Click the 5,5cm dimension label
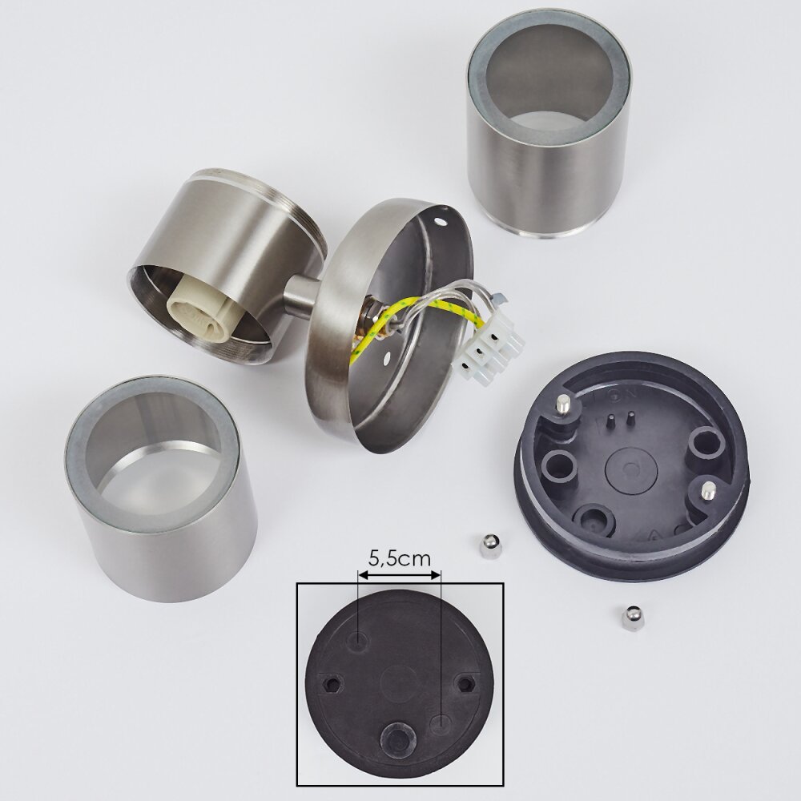[400, 558]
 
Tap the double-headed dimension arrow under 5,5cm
[400, 575]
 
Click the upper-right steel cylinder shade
[549, 122]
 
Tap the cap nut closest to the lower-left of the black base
[490, 545]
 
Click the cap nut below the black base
[633, 618]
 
